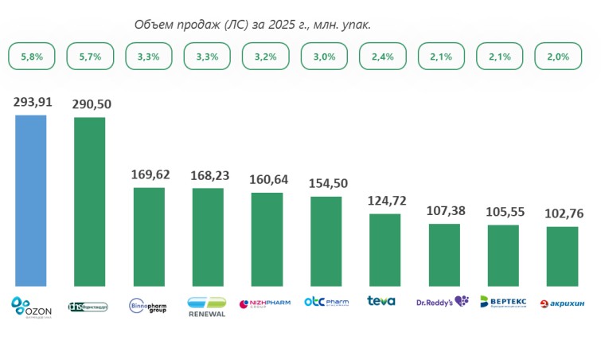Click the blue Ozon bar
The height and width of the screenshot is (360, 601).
point(31,200)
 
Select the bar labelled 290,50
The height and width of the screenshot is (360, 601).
point(89,201)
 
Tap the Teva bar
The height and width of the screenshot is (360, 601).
point(384,249)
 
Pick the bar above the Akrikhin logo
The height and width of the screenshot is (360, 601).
point(562,256)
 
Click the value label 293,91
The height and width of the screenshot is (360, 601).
point(31,103)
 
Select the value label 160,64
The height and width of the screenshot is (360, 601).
point(267,179)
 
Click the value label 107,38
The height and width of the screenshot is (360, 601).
point(443,211)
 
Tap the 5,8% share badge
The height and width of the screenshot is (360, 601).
point(31,57)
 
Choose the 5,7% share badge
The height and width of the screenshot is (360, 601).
point(90,57)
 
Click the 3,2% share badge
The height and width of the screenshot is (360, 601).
point(267,57)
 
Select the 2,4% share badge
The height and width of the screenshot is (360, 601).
point(384,57)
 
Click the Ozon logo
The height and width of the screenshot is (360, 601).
point(31,305)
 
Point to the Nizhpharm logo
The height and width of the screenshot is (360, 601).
point(266,303)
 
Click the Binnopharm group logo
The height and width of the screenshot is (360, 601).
point(148,306)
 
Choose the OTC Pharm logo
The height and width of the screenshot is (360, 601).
point(326,303)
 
